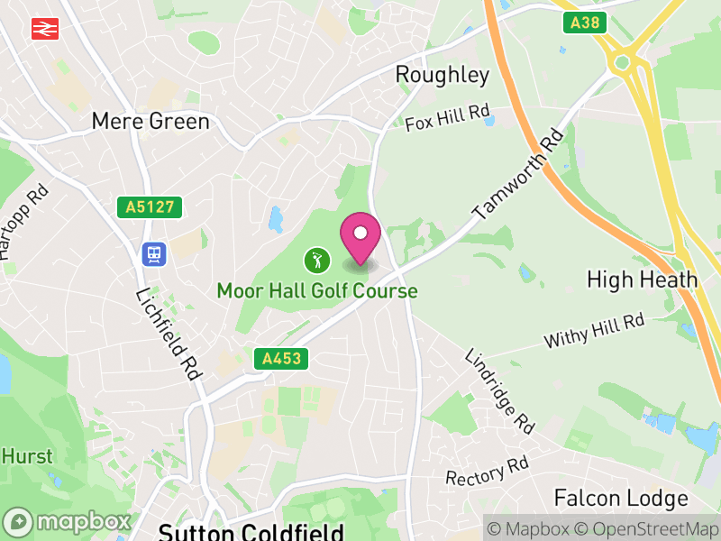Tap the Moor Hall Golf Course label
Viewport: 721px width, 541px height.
coord(317,291)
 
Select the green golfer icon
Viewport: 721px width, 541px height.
coord(316,261)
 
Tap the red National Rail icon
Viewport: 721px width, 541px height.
coord(41,29)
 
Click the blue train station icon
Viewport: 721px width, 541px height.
coord(154,254)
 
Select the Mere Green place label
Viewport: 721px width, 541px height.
coord(151,121)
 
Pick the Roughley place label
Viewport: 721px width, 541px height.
coord(443,74)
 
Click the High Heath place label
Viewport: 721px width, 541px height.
coord(642,280)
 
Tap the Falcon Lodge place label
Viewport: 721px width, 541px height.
coord(621,498)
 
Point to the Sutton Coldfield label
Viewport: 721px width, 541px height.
coord(251,531)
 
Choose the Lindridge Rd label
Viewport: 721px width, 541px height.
coord(499,389)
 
